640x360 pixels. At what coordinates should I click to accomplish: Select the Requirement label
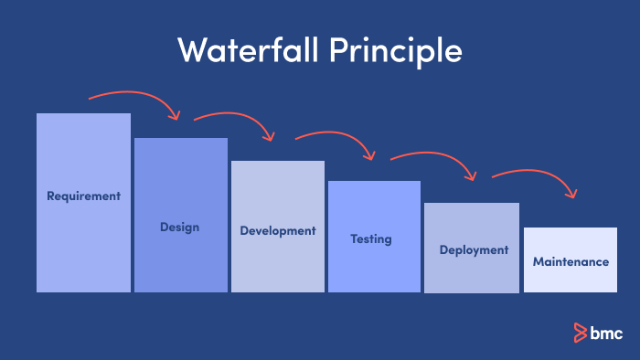click(x=83, y=196)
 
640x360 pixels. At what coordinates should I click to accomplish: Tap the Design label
click(x=179, y=227)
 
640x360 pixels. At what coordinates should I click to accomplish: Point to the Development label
click(x=277, y=230)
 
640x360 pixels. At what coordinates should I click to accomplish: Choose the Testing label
click(x=371, y=239)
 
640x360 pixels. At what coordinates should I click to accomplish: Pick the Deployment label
click(x=473, y=249)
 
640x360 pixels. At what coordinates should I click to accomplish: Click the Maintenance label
click(x=571, y=261)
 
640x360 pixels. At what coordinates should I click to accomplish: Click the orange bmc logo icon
click(x=579, y=332)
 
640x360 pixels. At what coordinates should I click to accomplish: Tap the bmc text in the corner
click(x=606, y=332)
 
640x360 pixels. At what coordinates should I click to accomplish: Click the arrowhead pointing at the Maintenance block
click(x=572, y=193)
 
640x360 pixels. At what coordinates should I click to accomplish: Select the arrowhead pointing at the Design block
click(x=175, y=114)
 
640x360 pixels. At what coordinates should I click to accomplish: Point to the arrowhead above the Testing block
click(x=370, y=155)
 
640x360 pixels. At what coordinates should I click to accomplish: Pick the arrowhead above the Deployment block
click(x=472, y=175)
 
